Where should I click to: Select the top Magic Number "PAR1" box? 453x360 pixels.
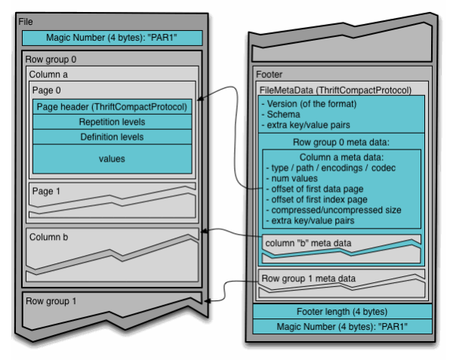pos(112,37)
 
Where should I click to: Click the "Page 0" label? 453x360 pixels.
pos(47,90)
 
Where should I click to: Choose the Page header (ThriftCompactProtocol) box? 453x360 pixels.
pos(112,106)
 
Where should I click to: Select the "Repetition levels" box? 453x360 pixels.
pos(112,122)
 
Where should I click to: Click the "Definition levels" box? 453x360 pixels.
pos(112,137)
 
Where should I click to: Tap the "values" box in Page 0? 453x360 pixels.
pos(112,158)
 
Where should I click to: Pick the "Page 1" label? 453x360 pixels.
pos(47,191)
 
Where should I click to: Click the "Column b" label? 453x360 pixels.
pos(49,237)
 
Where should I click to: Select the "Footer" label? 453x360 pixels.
pos(269,74)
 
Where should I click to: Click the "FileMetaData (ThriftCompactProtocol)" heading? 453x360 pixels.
pos(335,90)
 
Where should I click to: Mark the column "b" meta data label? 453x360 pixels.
pos(308,242)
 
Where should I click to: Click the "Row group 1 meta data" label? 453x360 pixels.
pos(308,278)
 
